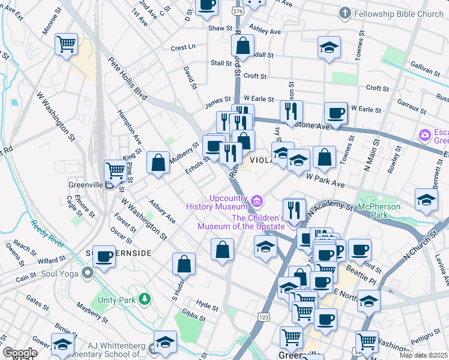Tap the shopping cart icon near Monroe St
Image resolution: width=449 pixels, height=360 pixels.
(66, 44)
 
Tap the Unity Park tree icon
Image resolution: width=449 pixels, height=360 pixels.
(143, 298)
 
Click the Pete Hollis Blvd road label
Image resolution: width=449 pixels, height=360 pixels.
(127, 79)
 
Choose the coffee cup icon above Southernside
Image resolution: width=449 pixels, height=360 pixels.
(103, 256)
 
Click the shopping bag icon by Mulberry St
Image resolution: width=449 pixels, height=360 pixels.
(158, 163)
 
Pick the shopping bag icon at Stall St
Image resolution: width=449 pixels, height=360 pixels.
(243, 45)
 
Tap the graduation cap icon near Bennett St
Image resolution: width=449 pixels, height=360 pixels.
(426, 199)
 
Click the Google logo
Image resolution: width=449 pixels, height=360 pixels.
(19, 353)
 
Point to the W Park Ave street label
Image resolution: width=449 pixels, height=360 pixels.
(324, 179)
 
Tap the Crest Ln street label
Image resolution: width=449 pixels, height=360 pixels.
(183, 47)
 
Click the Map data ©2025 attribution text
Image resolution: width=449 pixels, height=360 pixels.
(423, 355)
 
